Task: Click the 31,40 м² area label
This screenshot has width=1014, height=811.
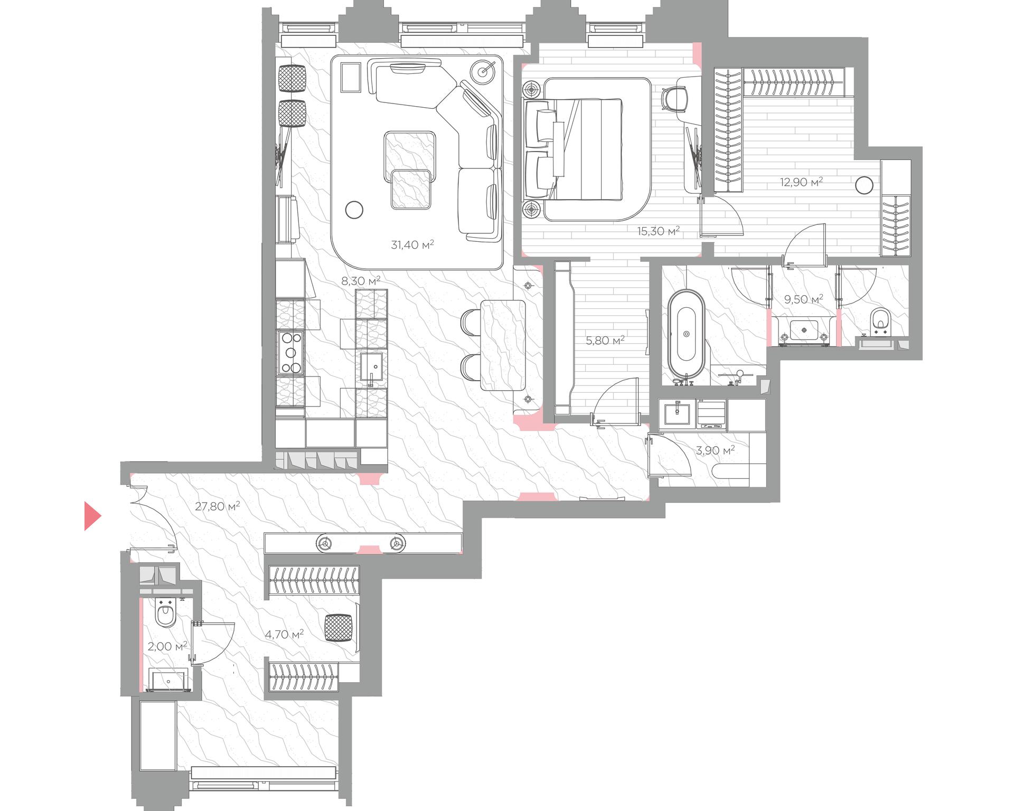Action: (412, 244)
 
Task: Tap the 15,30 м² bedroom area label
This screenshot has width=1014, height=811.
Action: (658, 231)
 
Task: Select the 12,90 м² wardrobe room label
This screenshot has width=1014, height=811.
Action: (801, 182)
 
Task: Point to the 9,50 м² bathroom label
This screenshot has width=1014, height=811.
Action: (803, 299)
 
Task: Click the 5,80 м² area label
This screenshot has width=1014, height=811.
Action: (605, 341)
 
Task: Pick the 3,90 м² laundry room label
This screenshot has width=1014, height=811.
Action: (715, 450)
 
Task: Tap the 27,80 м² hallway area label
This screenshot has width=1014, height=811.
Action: (218, 506)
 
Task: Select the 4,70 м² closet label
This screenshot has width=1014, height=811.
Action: (284, 634)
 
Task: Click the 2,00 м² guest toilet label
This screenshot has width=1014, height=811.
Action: (167, 646)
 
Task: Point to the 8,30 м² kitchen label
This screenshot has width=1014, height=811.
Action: (361, 281)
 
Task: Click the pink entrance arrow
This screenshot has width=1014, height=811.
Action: (92, 516)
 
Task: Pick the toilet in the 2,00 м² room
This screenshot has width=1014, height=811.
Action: (165, 612)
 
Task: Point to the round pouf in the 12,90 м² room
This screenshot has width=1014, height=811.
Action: (864, 185)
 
